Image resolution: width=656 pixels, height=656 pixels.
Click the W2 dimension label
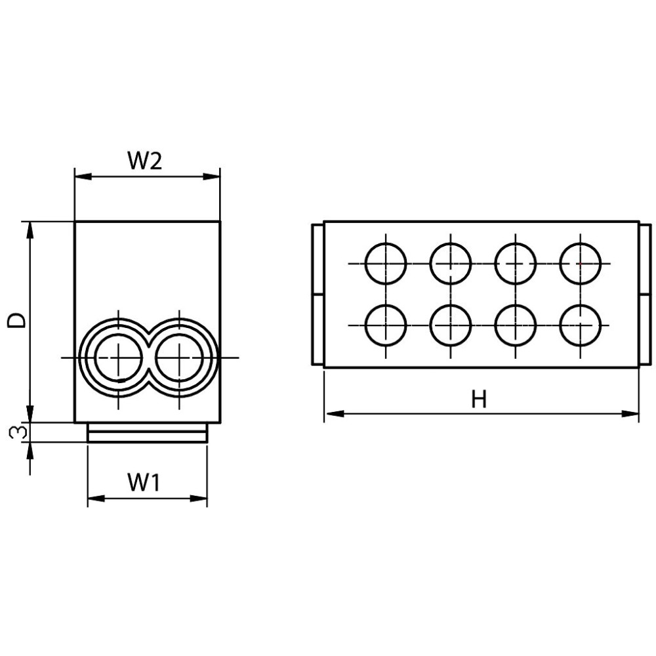tap(145, 161)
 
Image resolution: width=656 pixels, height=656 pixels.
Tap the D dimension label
tap(18, 321)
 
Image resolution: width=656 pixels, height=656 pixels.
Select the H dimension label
tap(479, 399)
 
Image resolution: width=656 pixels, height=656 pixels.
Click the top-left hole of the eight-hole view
tap(386, 264)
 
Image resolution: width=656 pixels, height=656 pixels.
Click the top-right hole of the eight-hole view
tap(581, 264)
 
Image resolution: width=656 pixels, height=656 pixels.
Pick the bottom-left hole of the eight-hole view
tap(386, 325)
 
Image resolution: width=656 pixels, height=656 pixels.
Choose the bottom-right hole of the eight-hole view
tap(581, 325)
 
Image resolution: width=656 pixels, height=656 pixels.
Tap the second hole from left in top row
tap(451, 264)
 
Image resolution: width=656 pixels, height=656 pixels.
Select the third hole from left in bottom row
tap(516, 325)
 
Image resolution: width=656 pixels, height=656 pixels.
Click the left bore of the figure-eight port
tap(119, 358)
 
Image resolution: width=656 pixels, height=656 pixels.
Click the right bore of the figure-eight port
tap(180, 358)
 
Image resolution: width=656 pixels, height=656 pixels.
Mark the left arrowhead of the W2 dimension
tap(83, 177)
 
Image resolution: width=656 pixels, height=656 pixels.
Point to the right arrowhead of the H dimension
tap(630, 414)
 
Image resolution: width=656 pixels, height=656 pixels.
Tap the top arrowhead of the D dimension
tap(30, 230)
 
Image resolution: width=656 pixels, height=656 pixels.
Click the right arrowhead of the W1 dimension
tap(199, 499)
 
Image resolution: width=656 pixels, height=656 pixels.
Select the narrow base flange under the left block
tap(148, 432)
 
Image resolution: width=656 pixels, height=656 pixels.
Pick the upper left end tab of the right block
tap(318, 259)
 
